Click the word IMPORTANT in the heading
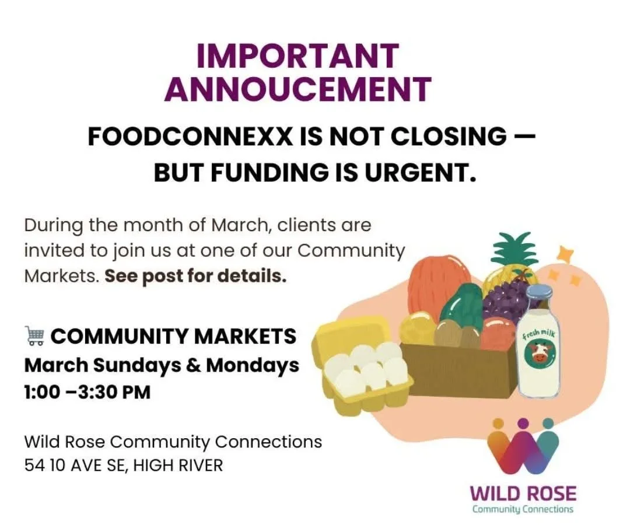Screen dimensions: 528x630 [x=297, y=57]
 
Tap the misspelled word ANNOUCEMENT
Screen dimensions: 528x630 [x=297, y=89]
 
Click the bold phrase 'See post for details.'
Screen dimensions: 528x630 [x=195, y=276]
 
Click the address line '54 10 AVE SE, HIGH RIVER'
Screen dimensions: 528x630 [x=124, y=465]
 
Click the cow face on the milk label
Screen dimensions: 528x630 [x=538, y=353]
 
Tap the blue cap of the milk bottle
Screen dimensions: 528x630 [x=538, y=292]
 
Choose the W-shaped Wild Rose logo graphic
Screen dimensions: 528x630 [x=523, y=447]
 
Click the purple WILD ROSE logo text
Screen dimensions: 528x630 [x=523, y=494]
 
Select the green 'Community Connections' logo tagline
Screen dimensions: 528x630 [x=523, y=509]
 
